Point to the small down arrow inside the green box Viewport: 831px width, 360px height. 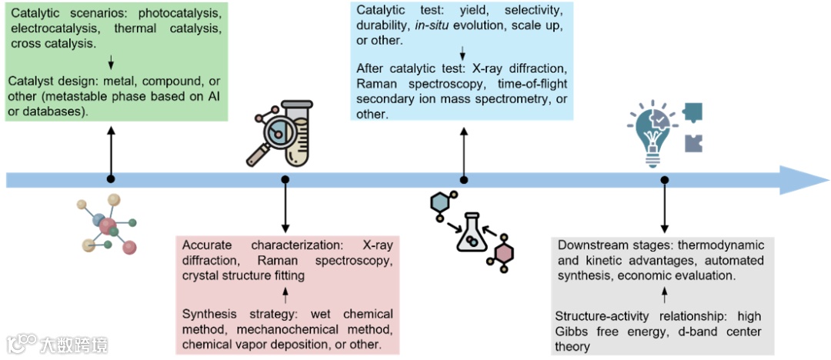pos(112,62)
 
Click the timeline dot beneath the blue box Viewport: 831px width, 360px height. pos(463,179)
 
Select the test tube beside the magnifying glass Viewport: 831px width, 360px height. pos(297,135)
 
